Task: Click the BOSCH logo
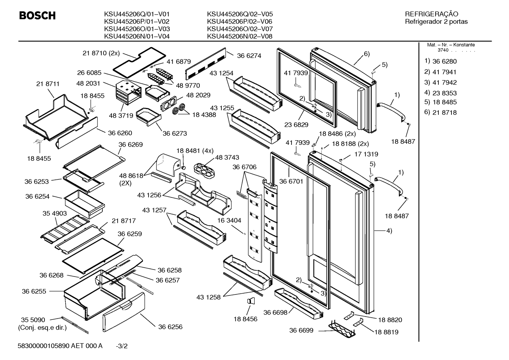pos(37,16)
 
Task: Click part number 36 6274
pos(249,56)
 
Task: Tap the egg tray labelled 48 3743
pos(204,171)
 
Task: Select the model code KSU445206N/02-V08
pos(240,36)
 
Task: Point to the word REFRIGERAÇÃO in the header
pos(431,14)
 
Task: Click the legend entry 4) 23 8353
pos(441,93)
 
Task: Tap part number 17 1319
pos(366,154)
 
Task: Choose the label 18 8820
pos(390,320)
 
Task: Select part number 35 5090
pos(33,320)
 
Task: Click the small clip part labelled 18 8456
pos(251,301)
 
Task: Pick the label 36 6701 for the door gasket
pos(291,182)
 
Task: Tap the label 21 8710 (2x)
pos(101,53)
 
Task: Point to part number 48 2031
pos(88,83)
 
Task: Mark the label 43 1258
pos(208,297)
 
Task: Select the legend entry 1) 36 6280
pos(441,61)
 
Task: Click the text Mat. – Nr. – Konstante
pos(451,45)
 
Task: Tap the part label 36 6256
pos(170,327)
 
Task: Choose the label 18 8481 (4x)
pos(195,151)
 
